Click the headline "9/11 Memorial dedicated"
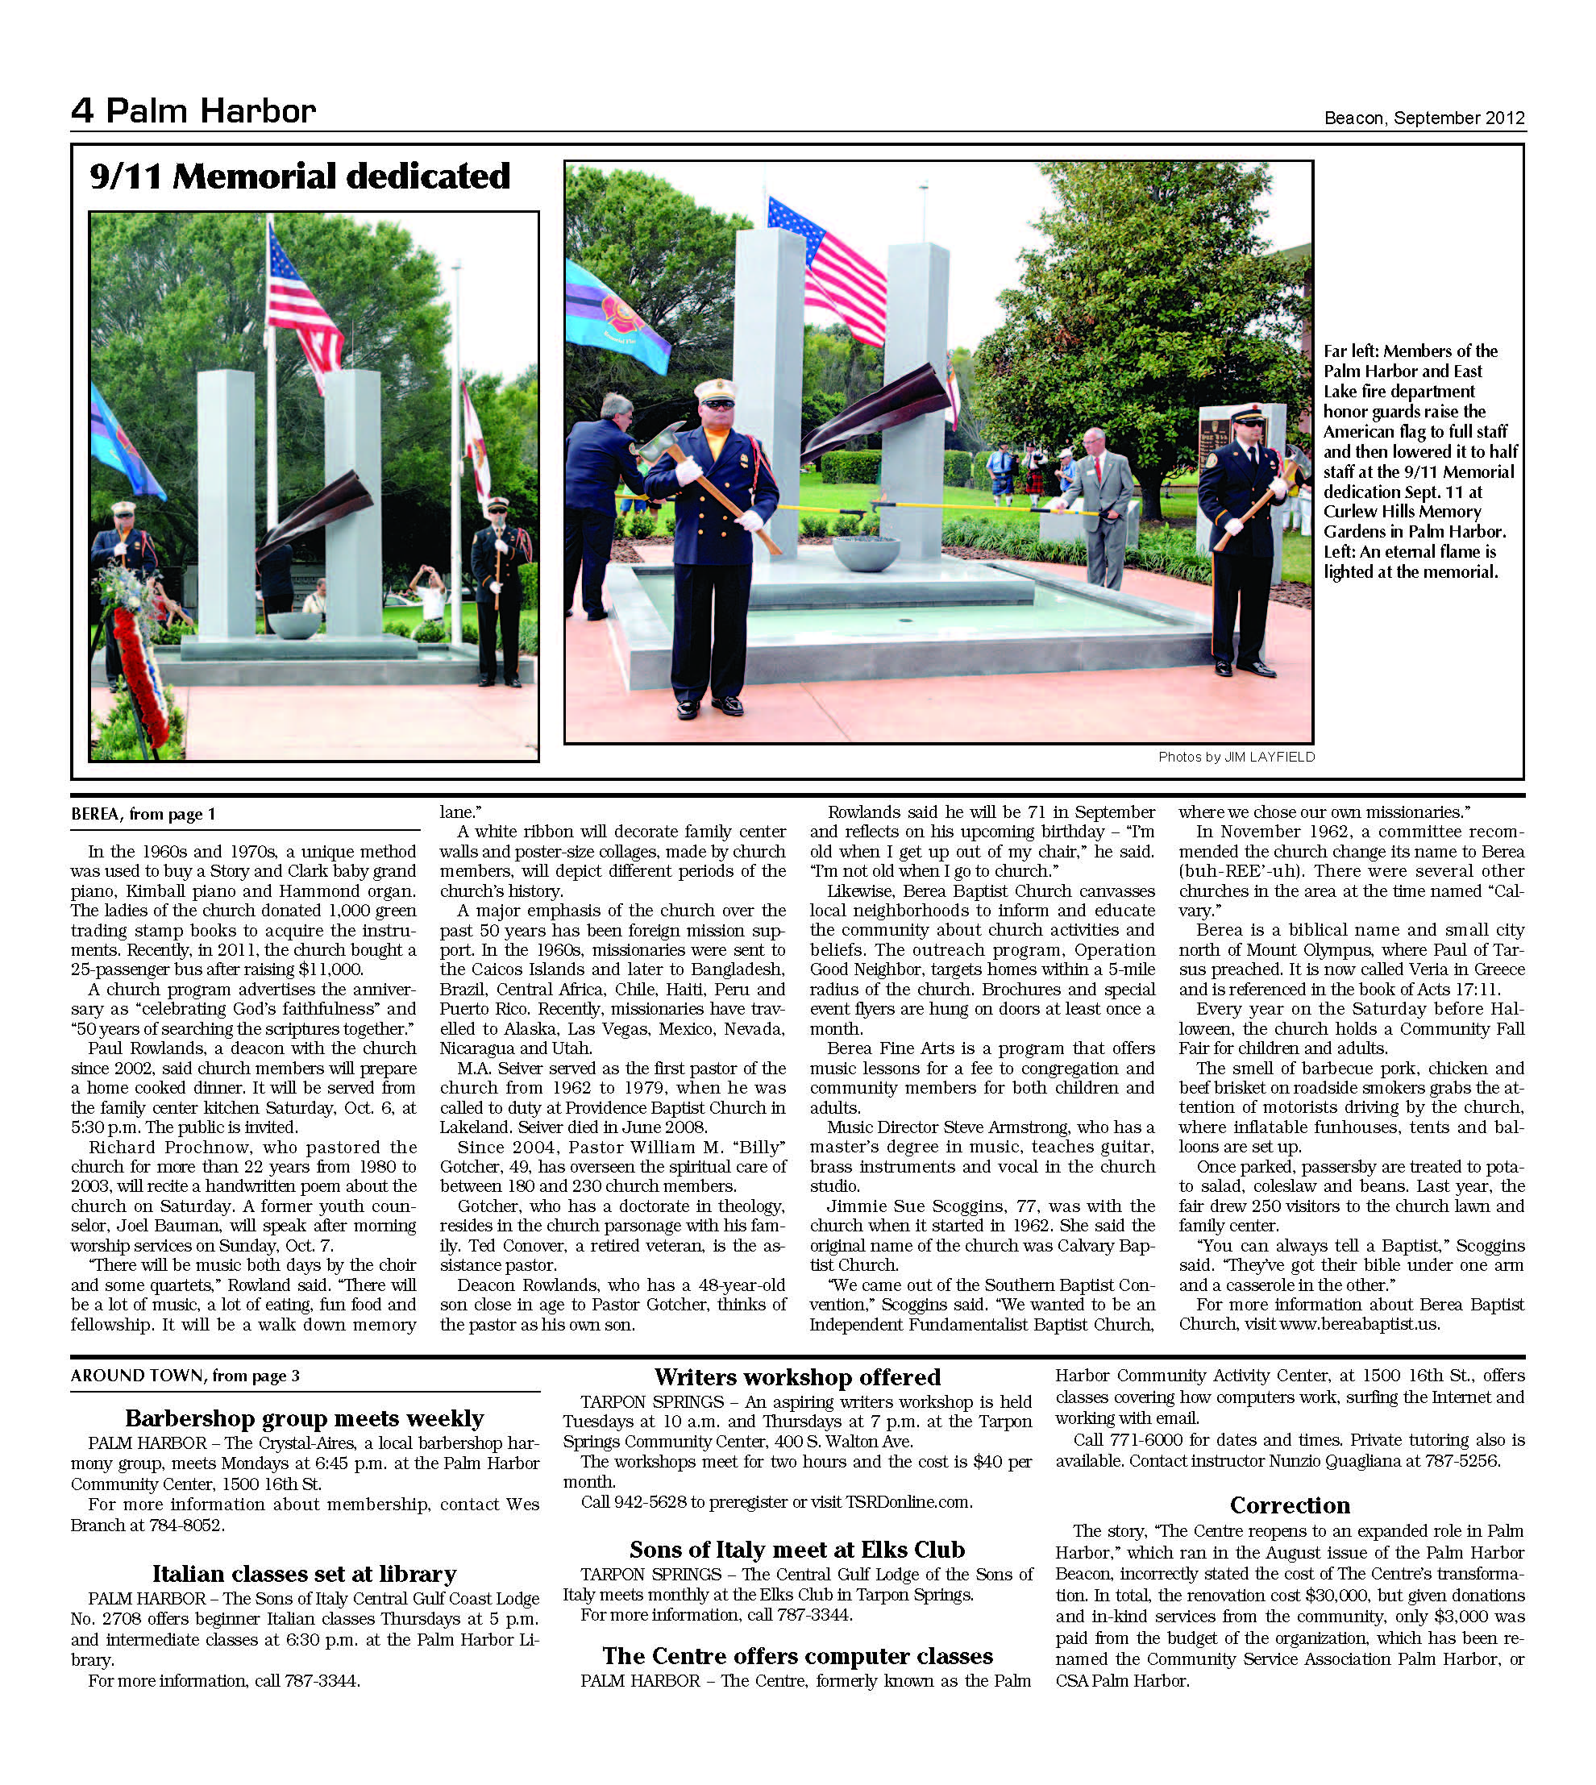(x=300, y=177)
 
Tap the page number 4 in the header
(x=81, y=111)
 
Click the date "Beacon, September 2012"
(x=1424, y=118)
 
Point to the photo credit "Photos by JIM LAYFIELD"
(x=1236, y=758)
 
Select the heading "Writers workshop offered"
(x=797, y=1377)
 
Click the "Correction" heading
(x=1289, y=1505)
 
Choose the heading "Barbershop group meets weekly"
(x=305, y=1418)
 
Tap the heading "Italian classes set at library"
(x=305, y=1574)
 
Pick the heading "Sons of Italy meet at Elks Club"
(x=797, y=1549)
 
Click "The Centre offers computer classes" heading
(x=797, y=1655)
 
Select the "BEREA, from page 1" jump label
(x=143, y=815)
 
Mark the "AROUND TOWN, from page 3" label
(x=185, y=1376)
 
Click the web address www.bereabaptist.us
(x=1358, y=1324)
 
